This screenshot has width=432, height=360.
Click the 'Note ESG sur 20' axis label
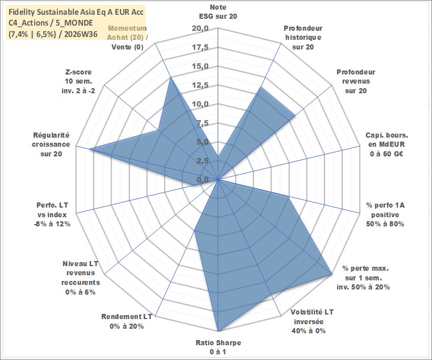(x=218, y=11)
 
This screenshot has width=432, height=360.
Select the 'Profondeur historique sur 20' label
(x=303, y=38)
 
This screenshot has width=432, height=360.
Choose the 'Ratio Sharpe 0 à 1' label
(x=218, y=347)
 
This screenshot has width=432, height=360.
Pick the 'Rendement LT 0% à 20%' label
(x=126, y=321)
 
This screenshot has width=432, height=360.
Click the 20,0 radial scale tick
(x=200, y=28)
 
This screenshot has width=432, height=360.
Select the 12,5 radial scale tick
(x=200, y=85)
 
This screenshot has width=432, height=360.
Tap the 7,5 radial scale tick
(x=202, y=123)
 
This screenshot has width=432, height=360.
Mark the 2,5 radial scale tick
(x=202, y=162)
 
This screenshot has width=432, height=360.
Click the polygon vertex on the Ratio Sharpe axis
(x=218, y=331)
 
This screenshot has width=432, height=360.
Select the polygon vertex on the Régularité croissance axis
(x=90, y=149)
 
